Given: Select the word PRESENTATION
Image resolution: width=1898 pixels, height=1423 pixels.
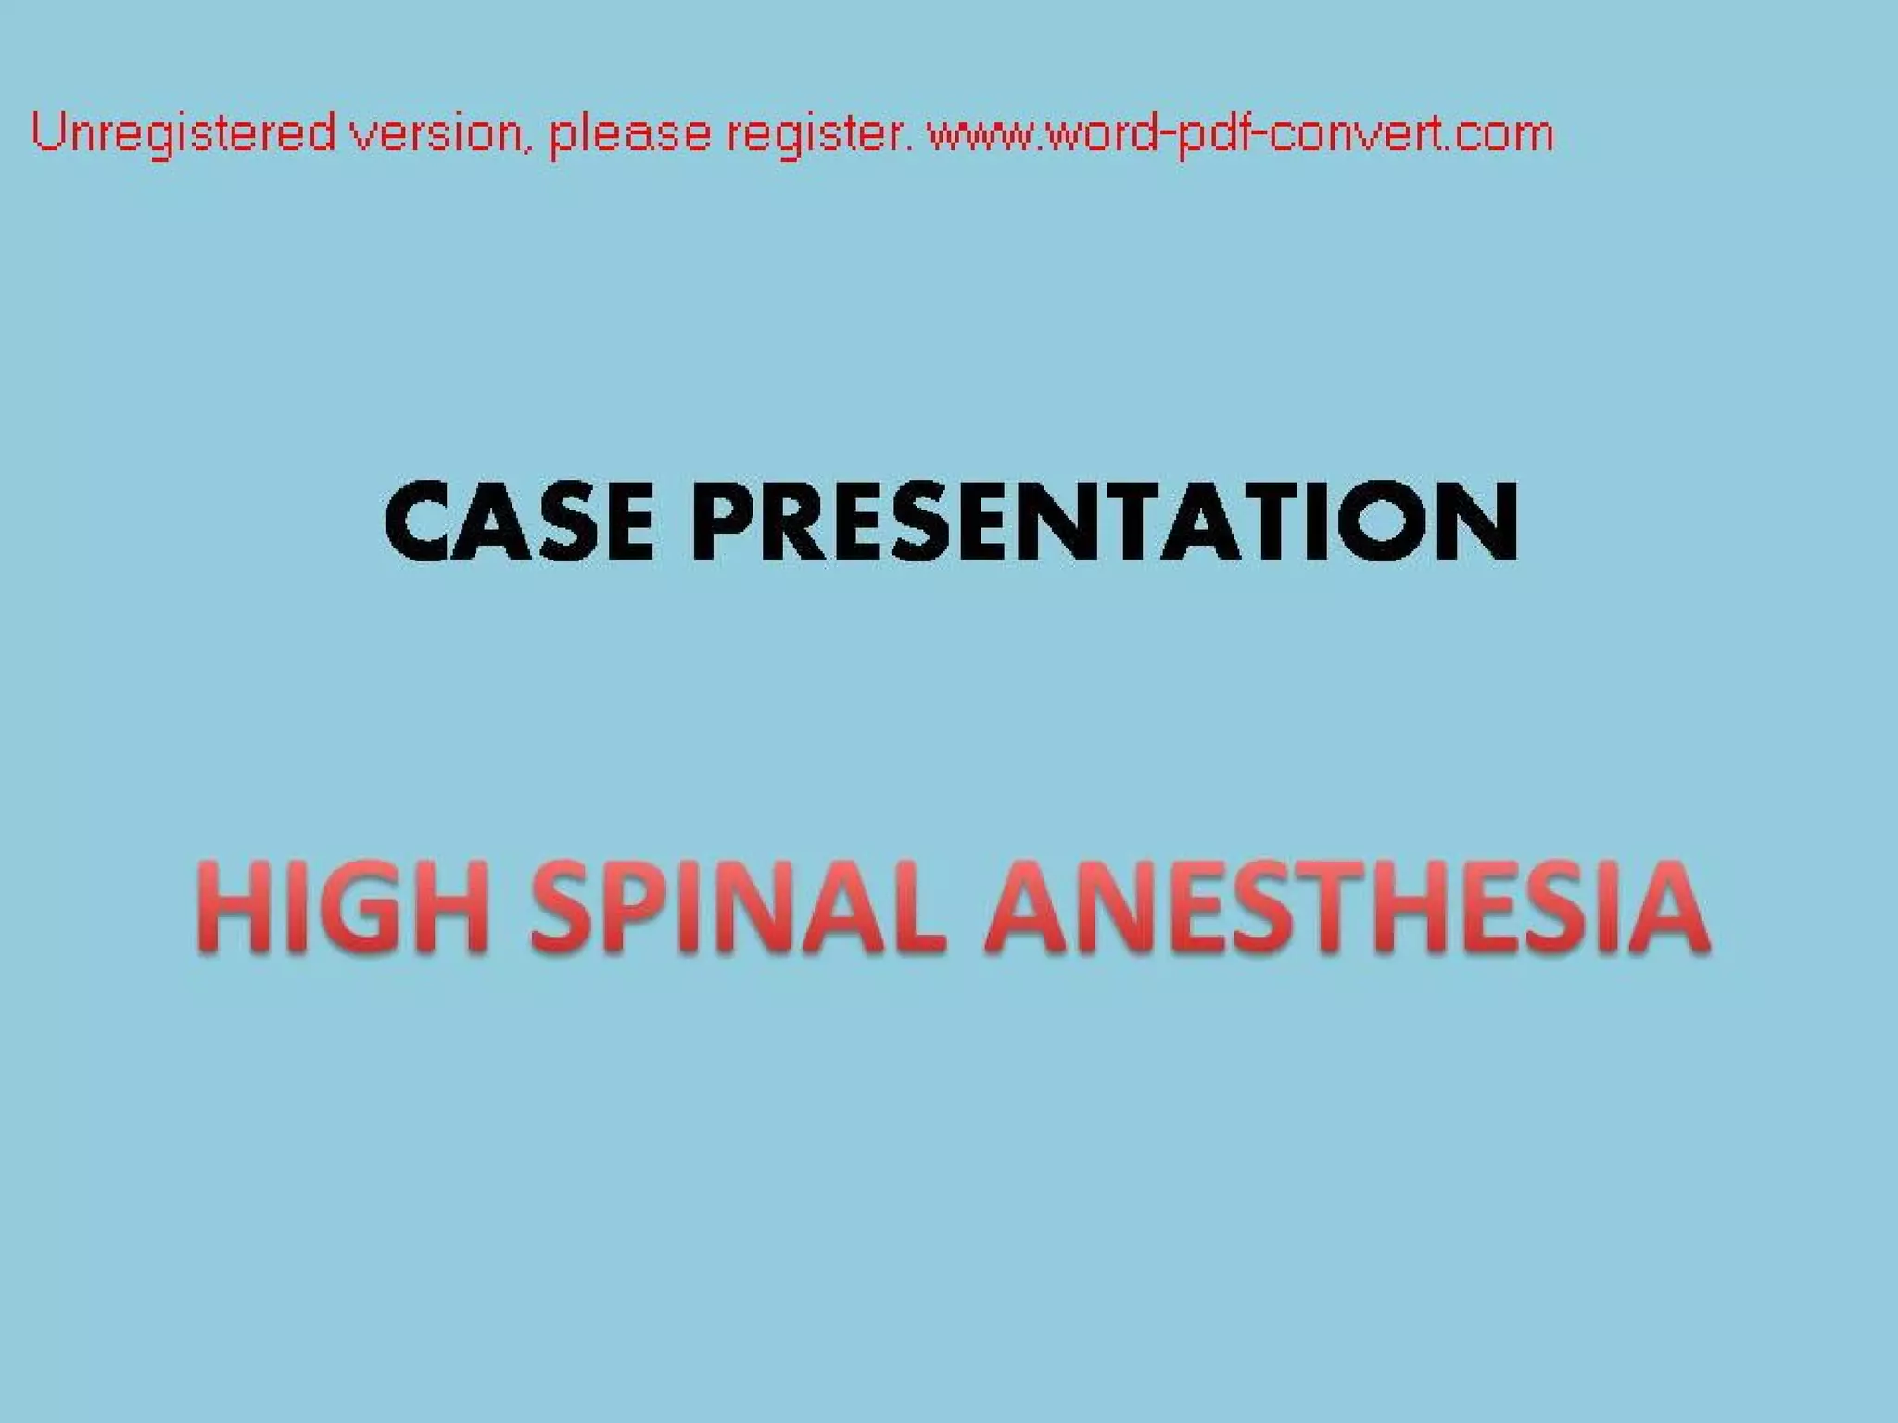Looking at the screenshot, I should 1104,522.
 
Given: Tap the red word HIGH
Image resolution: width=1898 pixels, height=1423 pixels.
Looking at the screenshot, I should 343,905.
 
